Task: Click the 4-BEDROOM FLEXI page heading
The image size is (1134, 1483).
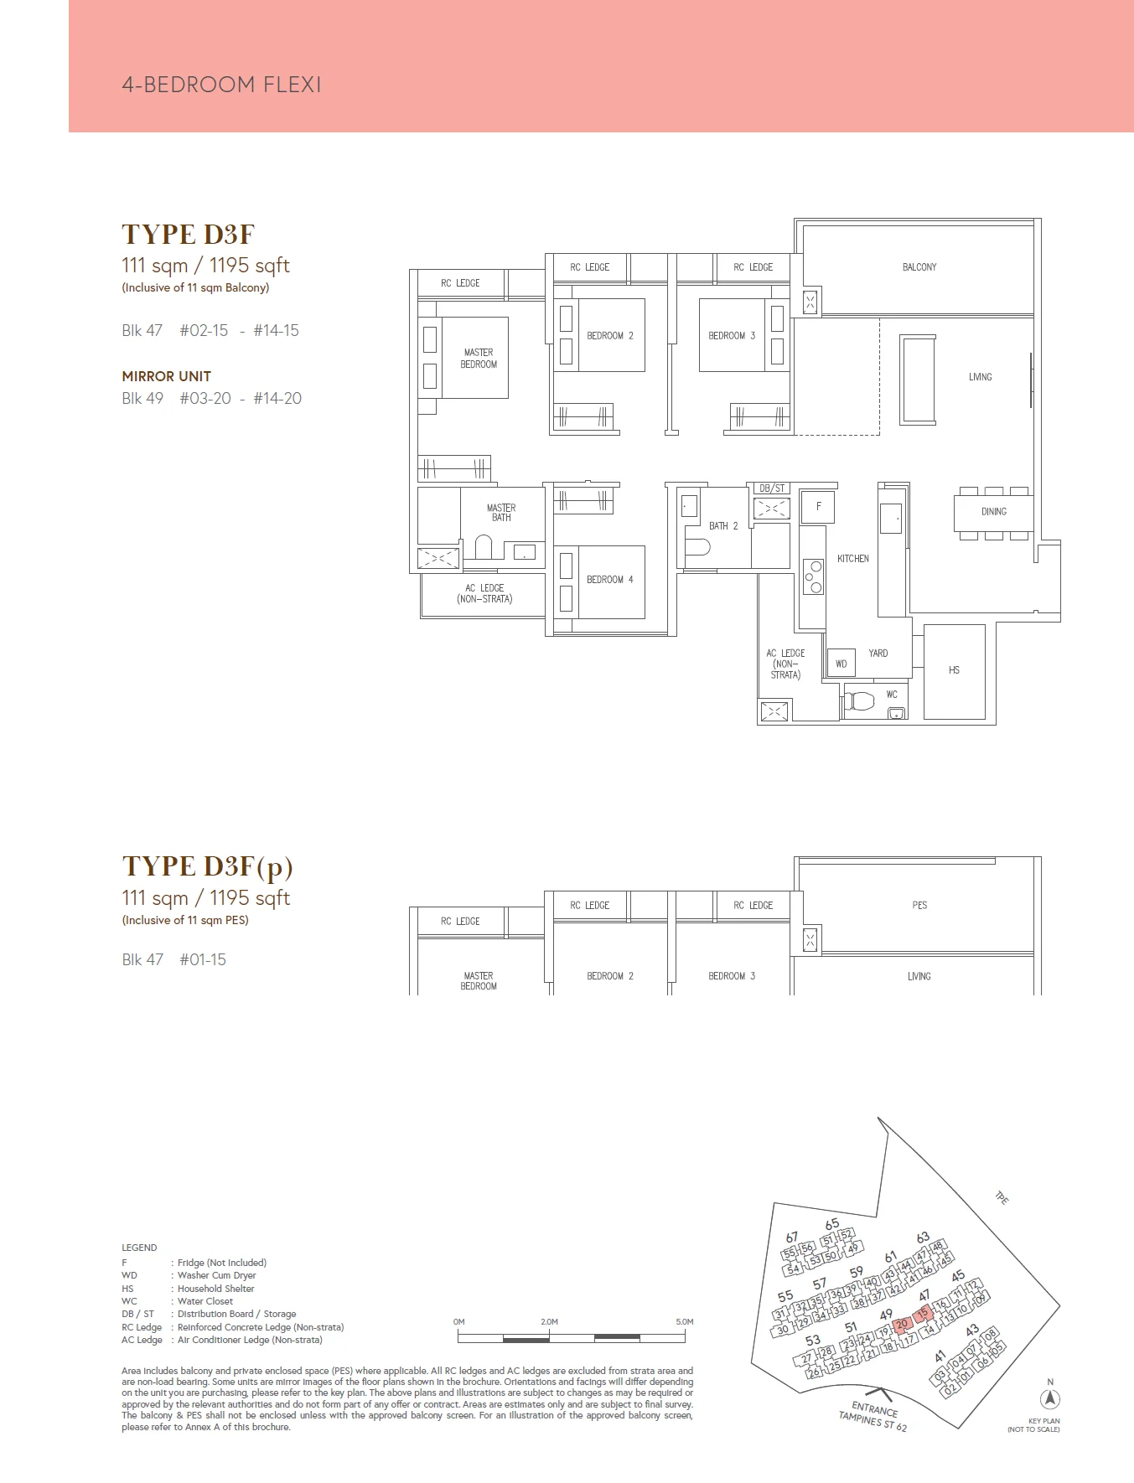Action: pyautogui.click(x=221, y=85)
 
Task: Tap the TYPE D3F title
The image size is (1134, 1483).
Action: pyautogui.click(x=188, y=235)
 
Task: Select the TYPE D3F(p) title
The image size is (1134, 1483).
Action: pyautogui.click(x=207, y=866)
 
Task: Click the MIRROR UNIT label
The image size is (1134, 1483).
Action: pyautogui.click(x=166, y=376)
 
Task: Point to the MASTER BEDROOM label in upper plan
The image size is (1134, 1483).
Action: pyautogui.click(x=479, y=359)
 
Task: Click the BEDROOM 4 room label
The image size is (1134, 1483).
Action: pyautogui.click(x=609, y=580)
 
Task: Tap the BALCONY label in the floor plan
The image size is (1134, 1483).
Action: pyautogui.click(x=919, y=267)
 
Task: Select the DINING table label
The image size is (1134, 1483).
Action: pyautogui.click(x=993, y=511)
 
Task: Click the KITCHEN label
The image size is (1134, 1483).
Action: pyautogui.click(x=852, y=559)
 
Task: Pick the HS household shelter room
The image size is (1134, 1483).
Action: pyautogui.click(x=954, y=670)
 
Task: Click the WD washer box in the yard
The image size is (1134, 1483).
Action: pyautogui.click(x=841, y=664)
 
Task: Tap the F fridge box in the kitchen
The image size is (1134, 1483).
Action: pyautogui.click(x=818, y=506)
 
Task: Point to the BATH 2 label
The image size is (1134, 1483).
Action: pyautogui.click(x=722, y=526)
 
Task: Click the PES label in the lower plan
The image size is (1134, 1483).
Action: pyautogui.click(x=919, y=906)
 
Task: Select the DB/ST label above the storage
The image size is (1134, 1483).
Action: pyautogui.click(x=771, y=488)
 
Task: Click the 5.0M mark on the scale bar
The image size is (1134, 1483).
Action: pyautogui.click(x=684, y=1322)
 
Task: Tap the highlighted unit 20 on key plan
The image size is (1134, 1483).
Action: pyautogui.click(x=902, y=1325)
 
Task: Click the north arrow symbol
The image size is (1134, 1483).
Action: pyautogui.click(x=1049, y=1398)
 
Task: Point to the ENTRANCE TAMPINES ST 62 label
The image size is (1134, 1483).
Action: pyautogui.click(x=873, y=1417)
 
